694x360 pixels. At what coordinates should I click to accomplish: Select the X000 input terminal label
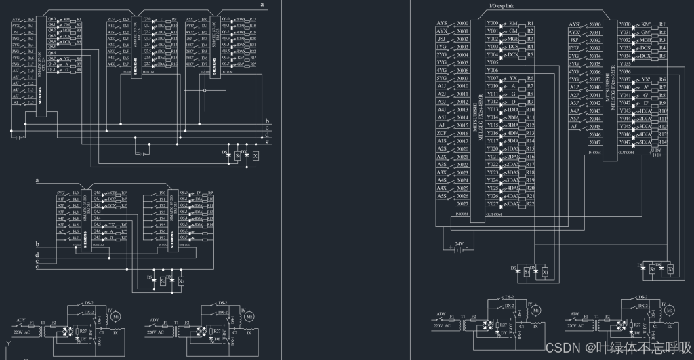(463, 23)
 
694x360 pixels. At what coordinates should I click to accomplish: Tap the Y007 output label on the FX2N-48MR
(493, 79)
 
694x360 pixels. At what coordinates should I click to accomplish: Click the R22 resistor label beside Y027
(530, 203)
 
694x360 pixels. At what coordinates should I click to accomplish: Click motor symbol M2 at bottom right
(669, 310)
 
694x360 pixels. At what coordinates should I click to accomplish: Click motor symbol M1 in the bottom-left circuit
(116, 316)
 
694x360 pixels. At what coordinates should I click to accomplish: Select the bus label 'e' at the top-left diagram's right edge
(268, 141)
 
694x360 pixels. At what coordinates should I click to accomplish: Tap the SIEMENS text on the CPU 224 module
(39, 101)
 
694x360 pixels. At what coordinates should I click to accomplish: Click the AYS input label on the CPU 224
(16, 19)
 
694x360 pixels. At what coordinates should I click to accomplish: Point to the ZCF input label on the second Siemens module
(111, 20)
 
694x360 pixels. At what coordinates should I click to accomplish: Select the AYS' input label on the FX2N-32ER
(575, 24)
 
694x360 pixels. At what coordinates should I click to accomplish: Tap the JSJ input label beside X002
(442, 39)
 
